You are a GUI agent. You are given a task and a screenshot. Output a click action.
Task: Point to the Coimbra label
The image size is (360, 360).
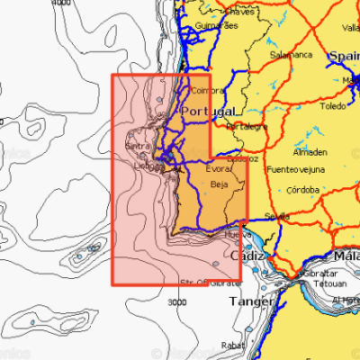click(x=208, y=90)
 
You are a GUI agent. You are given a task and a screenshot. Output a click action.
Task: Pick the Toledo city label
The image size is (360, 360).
click(x=332, y=105)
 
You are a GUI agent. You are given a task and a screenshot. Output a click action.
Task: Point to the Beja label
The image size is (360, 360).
click(x=220, y=184)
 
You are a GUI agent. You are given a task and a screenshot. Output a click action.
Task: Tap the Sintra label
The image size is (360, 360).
click(x=138, y=146)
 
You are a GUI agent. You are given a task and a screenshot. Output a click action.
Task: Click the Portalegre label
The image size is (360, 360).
click(x=247, y=126)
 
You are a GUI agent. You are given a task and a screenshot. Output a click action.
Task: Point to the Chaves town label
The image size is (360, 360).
click(x=241, y=13)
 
